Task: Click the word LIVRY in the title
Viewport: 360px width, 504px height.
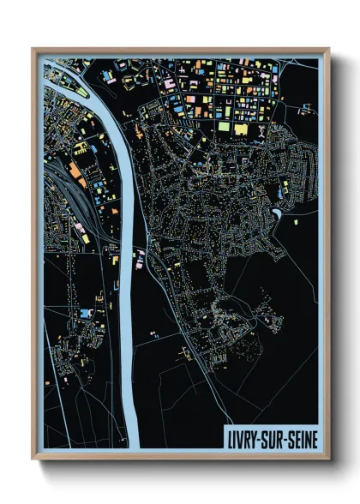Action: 245,435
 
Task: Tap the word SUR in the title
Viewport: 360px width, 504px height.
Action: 274,435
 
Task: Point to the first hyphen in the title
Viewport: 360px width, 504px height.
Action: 262,435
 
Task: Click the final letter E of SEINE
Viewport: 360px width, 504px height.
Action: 314,435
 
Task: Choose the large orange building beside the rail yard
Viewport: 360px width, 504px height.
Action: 75,179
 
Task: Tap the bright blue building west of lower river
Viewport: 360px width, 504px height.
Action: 85,314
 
